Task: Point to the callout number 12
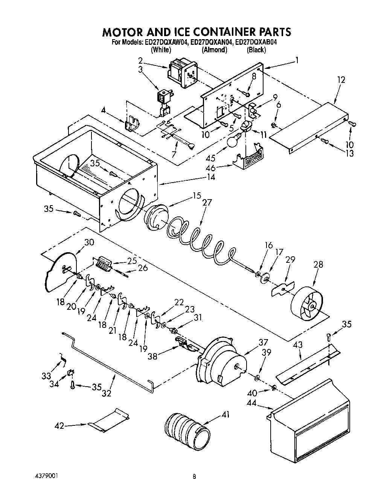click(x=341, y=80)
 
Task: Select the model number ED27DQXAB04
click(x=256, y=43)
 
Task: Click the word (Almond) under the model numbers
click(x=214, y=50)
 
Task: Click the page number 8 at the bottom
click(x=194, y=477)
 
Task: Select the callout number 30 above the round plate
click(x=89, y=242)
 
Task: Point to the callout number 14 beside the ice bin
click(x=211, y=176)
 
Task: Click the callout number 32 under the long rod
click(x=107, y=393)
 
